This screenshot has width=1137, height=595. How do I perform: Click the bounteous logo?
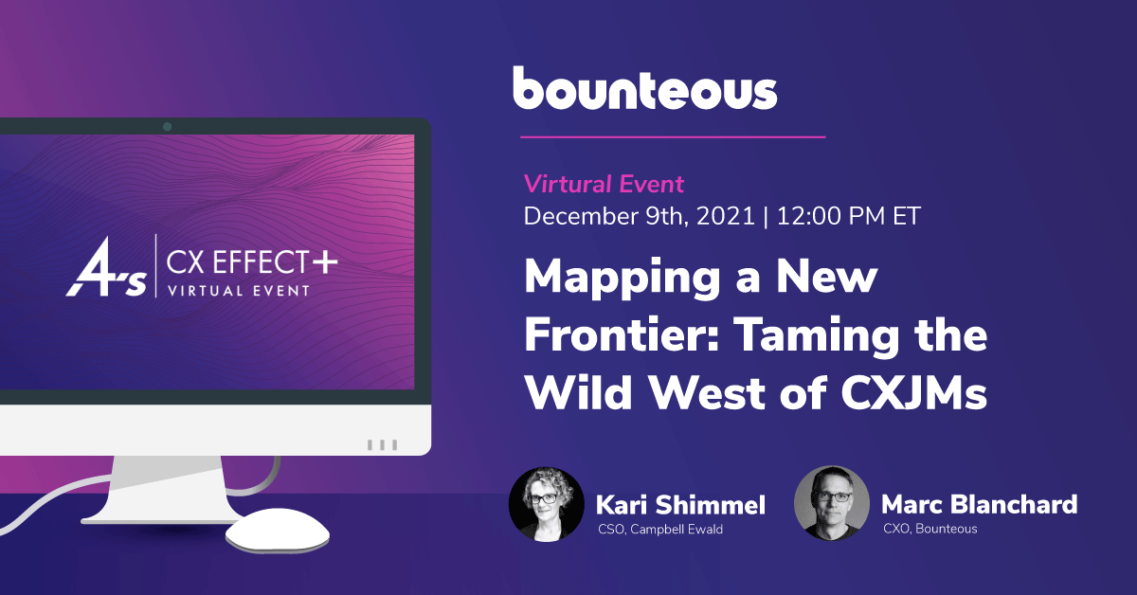click(x=644, y=88)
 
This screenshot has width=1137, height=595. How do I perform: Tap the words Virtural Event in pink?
click(x=604, y=184)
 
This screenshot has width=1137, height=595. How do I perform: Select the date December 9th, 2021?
click(x=639, y=216)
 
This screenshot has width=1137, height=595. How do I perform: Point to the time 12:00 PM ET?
click(x=848, y=216)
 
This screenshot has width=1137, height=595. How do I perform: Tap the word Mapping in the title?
click(x=623, y=279)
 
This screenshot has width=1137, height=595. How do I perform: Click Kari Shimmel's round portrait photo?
click(x=547, y=505)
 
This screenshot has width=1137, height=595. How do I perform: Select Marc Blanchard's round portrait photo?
click(x=832, y=503)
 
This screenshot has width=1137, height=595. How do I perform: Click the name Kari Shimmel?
click(x=680, y=505)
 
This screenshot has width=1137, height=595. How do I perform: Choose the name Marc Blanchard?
click(x=979, y=504)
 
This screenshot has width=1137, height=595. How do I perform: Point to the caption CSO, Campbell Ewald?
click(x=660, y=530)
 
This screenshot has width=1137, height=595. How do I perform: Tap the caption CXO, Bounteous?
click(x=929, y=529)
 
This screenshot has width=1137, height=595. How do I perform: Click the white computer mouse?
click(x=277, y=530)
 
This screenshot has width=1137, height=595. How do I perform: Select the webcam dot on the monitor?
click(x=167, y=126)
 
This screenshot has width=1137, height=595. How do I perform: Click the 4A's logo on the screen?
click(x=106, y=267)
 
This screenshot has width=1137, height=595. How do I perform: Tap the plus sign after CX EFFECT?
click(x=325, y=261)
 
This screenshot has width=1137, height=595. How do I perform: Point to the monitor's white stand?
click(x=162, y=490)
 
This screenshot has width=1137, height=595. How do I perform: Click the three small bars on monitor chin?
click(x=382, y=444)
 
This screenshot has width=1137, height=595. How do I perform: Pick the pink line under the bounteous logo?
click(x=673, y=137)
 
